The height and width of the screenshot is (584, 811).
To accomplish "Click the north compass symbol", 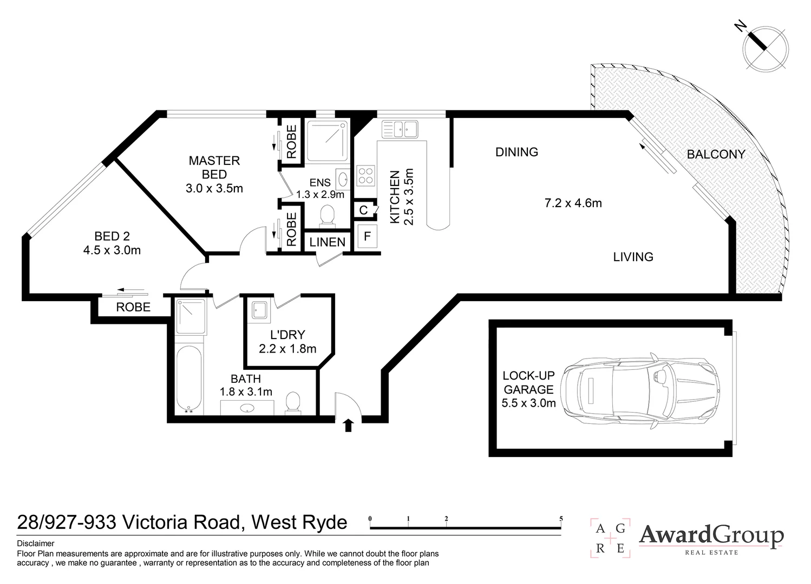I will point(765,49).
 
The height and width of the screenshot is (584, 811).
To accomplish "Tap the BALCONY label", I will point(716,154).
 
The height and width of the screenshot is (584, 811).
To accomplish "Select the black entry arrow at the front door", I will point(348,426).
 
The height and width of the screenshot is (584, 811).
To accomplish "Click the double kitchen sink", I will point(400,129).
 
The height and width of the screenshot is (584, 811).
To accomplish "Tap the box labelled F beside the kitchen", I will point(367,236).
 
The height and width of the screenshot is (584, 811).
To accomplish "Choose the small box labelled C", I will point(364,210).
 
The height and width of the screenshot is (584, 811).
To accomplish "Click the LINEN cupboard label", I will point(328,242).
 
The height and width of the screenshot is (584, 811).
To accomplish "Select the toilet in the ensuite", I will point(327,215).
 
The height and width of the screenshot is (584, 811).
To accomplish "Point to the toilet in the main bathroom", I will point(293,403).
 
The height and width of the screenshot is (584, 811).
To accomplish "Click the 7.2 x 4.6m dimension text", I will point(573,203).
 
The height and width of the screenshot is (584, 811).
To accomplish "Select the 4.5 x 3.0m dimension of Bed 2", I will point(112,250).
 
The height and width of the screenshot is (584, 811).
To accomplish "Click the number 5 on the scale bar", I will point(561,519).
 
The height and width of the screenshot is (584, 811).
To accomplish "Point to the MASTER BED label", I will point(214,168).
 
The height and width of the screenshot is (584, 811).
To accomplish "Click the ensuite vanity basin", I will point(342,177).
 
